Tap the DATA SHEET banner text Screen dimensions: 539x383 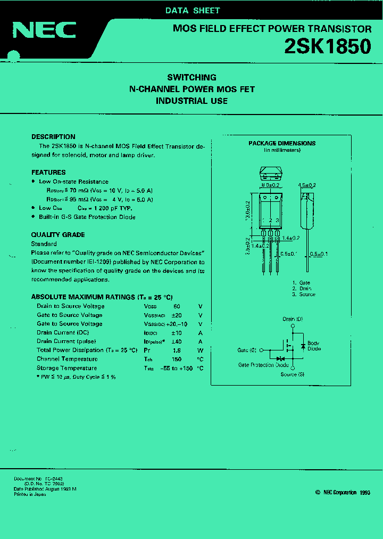[x=192, y=10]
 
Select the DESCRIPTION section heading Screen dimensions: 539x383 [x=53, y=137]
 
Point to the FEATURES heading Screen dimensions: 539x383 [x=48, y=173]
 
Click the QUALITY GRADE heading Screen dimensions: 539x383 [x=58, y=235]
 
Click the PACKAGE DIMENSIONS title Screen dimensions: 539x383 [x=282, y=143]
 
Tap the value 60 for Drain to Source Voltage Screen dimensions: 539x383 [x=177, y=306]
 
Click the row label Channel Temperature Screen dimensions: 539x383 [x=67, y=359]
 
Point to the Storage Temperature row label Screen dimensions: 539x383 [x=66, y=368]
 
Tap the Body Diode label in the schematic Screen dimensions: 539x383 [x=314, y=346]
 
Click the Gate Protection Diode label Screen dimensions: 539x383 [x=263, y=365]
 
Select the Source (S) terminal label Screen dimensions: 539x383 [x=293, y=374]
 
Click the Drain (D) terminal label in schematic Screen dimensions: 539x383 [x=293, y=319]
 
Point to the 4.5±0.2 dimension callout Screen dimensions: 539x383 [x=307, y=185]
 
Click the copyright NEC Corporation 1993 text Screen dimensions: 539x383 [x=343, y=493]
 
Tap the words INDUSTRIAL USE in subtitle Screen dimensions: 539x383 [x=191, y=101]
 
